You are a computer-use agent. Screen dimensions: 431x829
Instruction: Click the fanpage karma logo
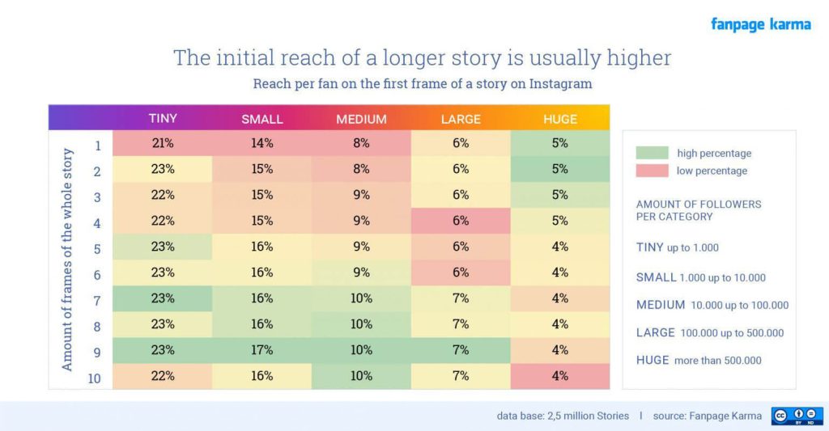(x=760, y=24)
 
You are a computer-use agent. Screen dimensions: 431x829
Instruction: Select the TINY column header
(x=162, y=118)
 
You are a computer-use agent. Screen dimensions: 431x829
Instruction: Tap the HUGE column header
(x=560, y=119)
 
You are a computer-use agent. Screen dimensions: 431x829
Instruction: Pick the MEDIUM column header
(x=361, y=119)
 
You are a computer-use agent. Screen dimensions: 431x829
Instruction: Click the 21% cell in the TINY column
(x=162, y=143)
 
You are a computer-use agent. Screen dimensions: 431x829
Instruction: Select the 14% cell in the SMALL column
(x=261, y=143)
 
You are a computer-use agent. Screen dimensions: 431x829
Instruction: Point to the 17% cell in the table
(x=261, y=350)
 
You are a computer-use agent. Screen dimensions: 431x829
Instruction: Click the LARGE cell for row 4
(x=461, y=221)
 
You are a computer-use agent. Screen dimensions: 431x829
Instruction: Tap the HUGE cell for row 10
(x=560, y=376)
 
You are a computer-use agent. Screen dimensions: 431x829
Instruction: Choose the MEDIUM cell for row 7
(x=361, y=298)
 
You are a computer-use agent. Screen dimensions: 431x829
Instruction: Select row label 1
(x=97, y=146)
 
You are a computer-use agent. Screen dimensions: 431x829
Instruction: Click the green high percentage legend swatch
(x=652, y=153)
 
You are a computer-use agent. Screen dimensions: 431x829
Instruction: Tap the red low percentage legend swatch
(x=652, y=171)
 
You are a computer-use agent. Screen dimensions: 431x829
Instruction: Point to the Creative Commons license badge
(x=797, y=416)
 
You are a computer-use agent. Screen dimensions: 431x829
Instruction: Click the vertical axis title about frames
(x=68, y=259)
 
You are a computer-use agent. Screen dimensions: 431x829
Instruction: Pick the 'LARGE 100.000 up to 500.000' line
(x=710, y=332)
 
